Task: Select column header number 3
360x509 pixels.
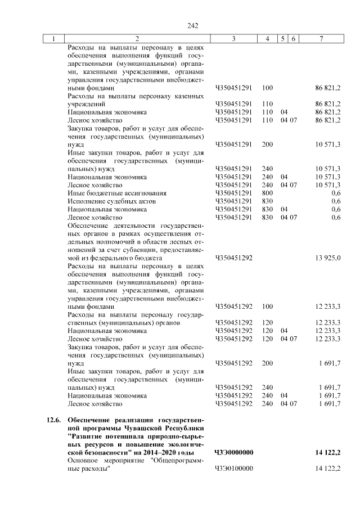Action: [233, 39]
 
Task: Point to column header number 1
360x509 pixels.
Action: [54, 39]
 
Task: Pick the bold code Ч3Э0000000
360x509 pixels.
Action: [234, 453]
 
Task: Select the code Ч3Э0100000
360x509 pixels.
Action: [234, 469]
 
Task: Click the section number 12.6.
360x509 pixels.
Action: [53, 421]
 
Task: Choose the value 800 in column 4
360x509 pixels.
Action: [267, 193]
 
